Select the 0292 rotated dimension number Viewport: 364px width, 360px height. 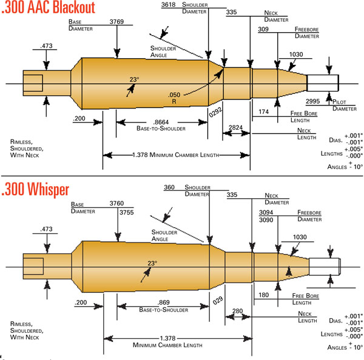point(214,113)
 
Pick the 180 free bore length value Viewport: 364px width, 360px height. point(264,295)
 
